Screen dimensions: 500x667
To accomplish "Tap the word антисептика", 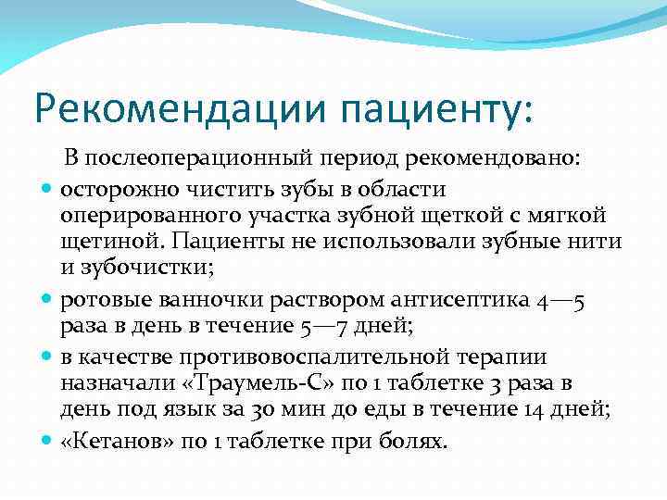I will click(x=442, y=302).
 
